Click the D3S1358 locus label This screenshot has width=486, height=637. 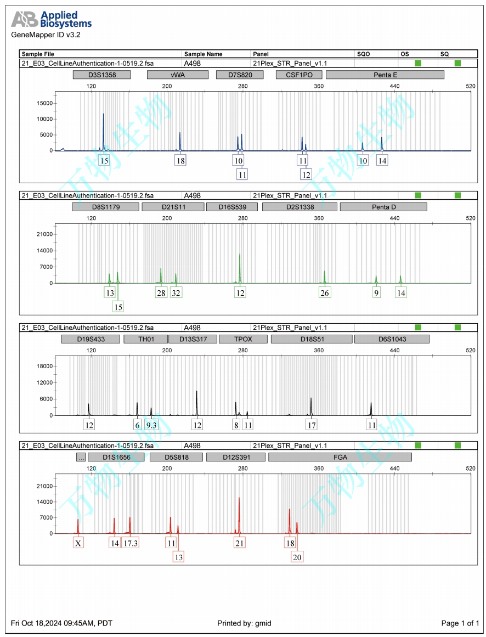tap(101, 75)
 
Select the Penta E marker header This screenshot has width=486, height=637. tap(385, 75)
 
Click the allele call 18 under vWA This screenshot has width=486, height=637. tap(180, 160)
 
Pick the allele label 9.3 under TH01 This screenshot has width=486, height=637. tap(151, 425)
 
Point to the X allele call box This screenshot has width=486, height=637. tap(78, 543)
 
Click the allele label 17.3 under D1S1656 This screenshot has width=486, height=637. tap(131, 543)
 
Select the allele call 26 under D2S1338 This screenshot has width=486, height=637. tap(325, 292)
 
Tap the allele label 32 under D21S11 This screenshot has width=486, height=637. tap(176, 292)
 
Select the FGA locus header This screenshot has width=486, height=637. tap(340, 456)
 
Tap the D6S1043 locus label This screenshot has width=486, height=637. tap(392, 339)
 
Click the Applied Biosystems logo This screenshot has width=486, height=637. tap(52, 20)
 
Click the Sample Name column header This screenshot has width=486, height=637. tap(204, 54)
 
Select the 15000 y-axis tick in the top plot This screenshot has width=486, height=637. tap(44, 103)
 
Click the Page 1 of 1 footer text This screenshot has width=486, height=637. tap(460, 623)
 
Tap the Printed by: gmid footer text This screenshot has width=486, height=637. tap(244, 623)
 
